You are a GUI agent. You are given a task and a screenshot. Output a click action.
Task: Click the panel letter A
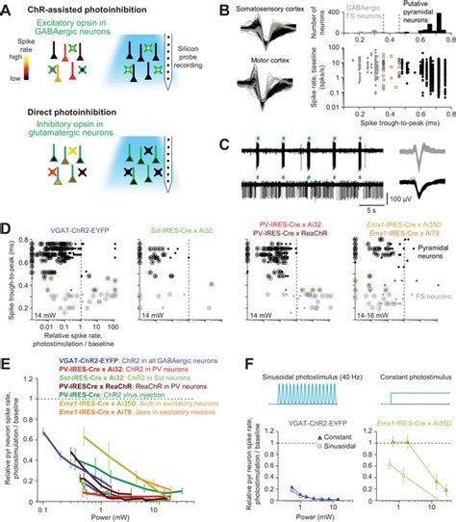tap(7, 7)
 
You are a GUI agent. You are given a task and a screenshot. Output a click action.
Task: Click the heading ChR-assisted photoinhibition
tap(69, 9)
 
